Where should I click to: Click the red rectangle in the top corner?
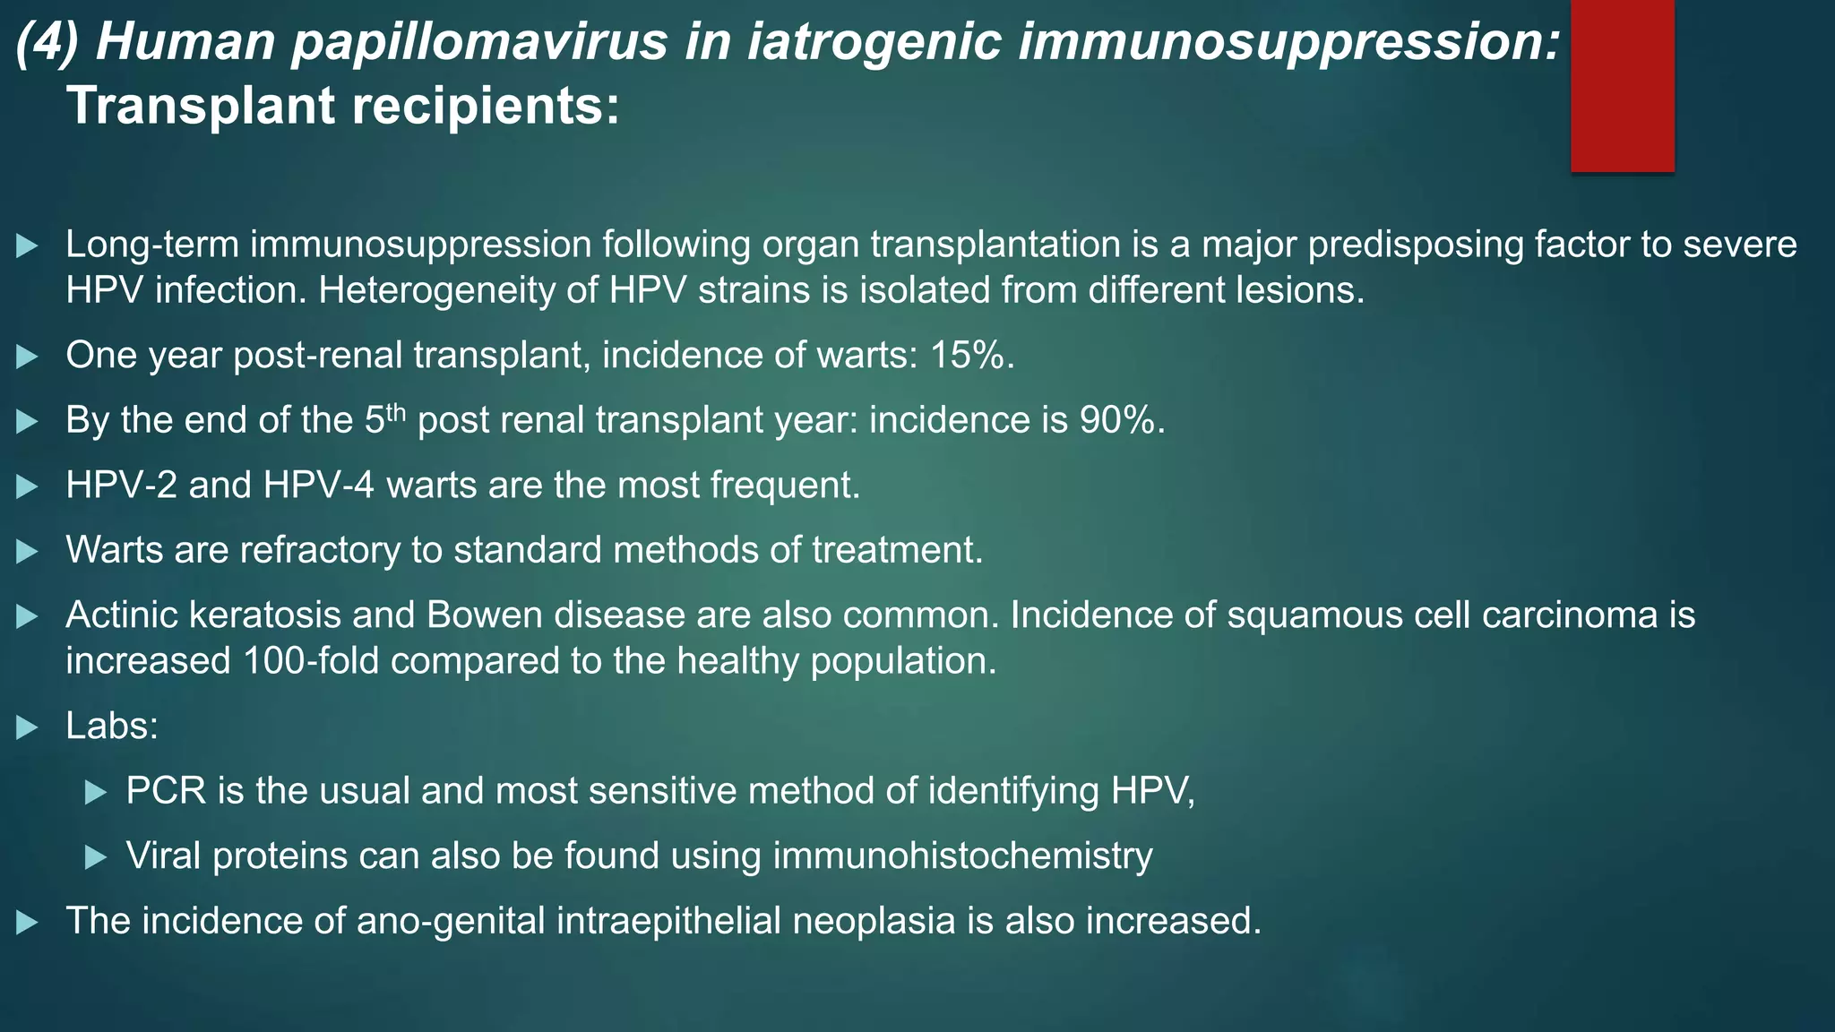[x=1622, y=85]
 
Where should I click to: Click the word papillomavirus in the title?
[x=479, y=42]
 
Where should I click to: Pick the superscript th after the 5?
[x=396, y=413]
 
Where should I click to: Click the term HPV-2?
[x=121, y=485]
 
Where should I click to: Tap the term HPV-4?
[x=318, y=485]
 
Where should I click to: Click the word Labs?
[x=112, y=726]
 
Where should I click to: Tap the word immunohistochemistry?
[x=962, y=856]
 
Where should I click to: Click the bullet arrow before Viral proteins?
[x=96, y=857]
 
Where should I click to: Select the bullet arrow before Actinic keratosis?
[x=27, y=616]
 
